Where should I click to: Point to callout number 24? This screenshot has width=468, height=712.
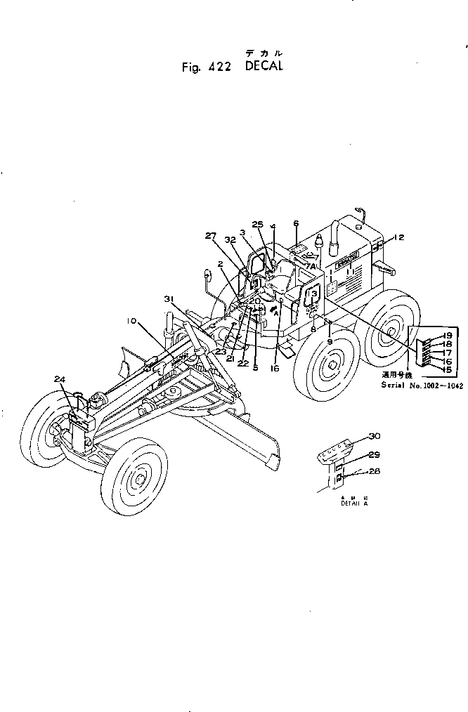60,379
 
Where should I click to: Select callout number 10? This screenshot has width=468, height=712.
131,321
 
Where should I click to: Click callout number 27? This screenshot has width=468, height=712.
212,237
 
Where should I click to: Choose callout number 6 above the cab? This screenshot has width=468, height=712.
296,223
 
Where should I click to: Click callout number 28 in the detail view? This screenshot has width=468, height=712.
374,472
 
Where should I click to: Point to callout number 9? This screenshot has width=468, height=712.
329,342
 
